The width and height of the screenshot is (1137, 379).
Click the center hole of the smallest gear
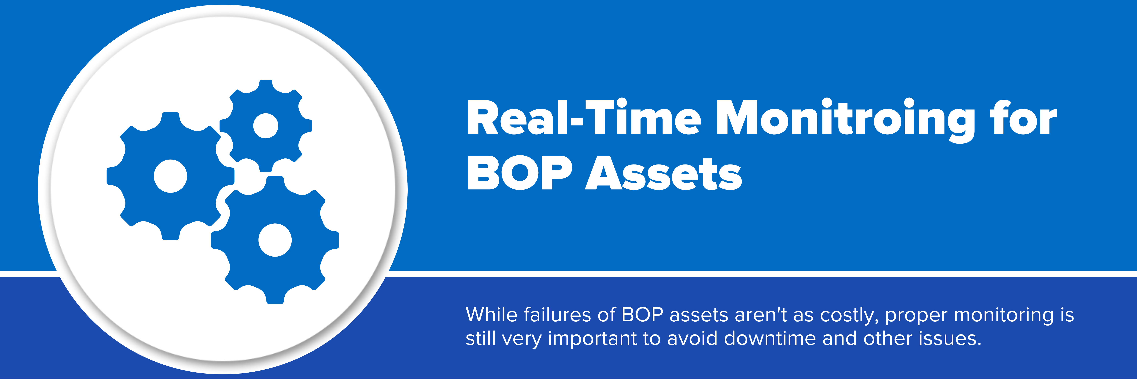(266, 126)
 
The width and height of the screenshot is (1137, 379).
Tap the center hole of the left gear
(170, 176)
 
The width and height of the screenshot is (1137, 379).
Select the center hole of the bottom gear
(275, 240)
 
